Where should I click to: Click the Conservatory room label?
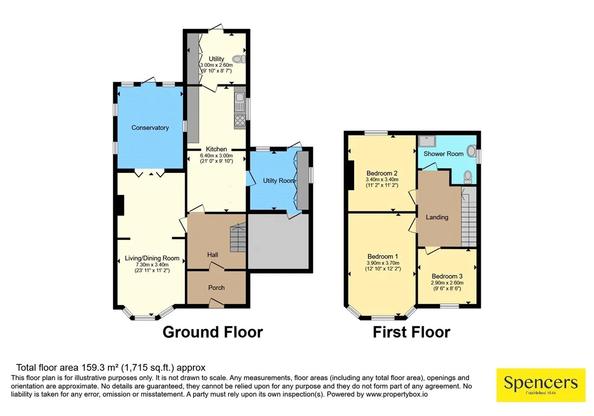(x=150, y=128)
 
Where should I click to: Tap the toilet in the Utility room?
(x=239, y=59)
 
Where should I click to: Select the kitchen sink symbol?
(x=240, y=102)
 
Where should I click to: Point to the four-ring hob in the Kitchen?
(x=240, y=121)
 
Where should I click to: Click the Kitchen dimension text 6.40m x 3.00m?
(x=216, y=156)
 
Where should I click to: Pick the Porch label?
(x=216, y=287)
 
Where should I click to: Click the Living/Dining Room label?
(x=152, y=258)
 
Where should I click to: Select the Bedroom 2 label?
(x=382, y=173)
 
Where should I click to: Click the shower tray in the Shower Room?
(x=427, y=141)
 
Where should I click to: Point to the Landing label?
(x=437, y=217)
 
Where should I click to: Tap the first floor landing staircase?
(x=469, y=217)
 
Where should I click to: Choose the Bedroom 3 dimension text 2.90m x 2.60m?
(x=447, y=283)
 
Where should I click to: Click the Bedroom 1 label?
(x=383, y=257)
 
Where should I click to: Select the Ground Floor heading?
(x=213, y=332)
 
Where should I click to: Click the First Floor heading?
(x=412, y=332)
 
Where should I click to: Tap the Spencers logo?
(x=541, y=385)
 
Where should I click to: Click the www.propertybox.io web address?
(x=397, y=394)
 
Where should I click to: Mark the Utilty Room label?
(x=279, y=181)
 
